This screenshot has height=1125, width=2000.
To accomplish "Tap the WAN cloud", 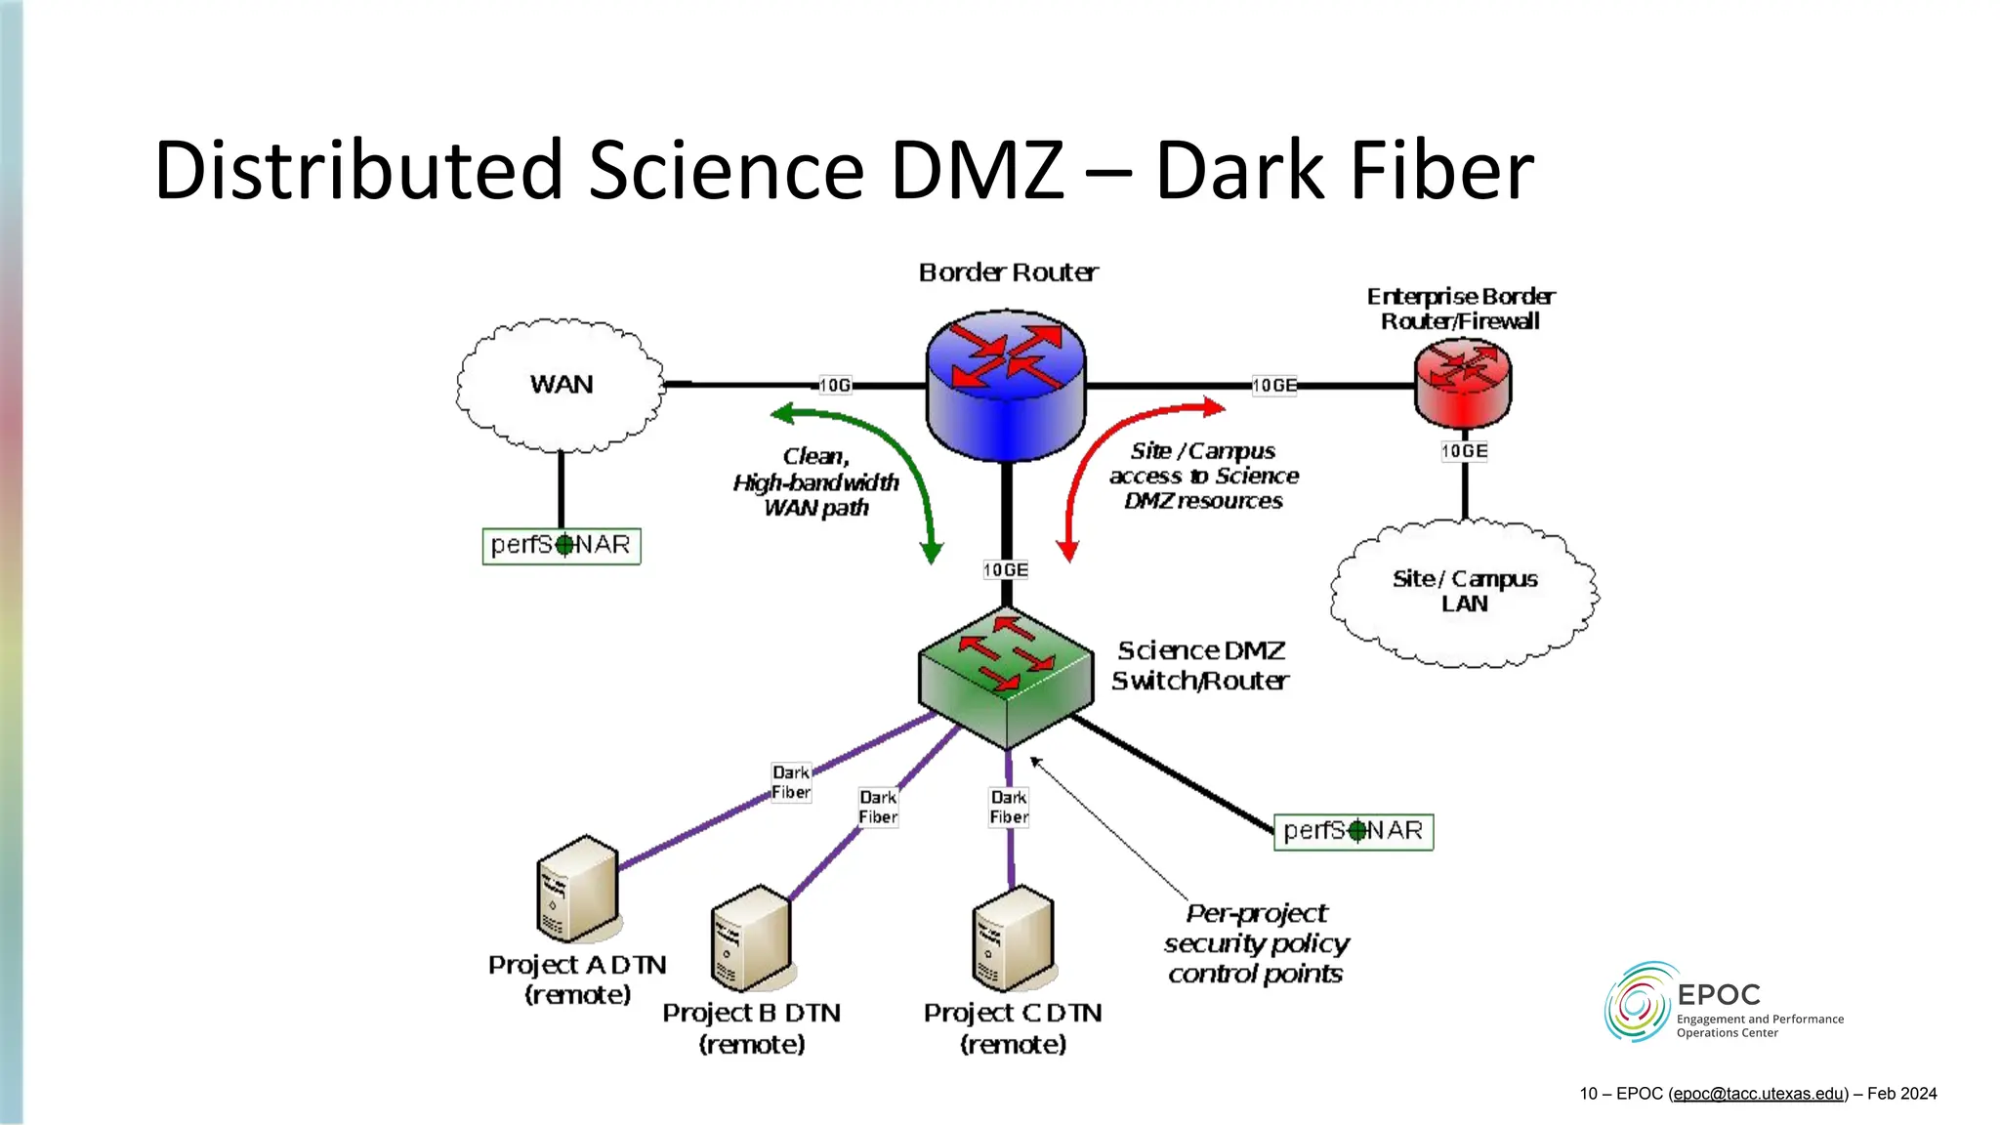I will pyautogui.click(x=561, y=385).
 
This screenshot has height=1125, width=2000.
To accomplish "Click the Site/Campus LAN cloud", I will pyautogui.click(x=1464, y=593).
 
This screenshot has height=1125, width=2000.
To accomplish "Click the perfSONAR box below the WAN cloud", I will pyautogui.click(x=562, y=546).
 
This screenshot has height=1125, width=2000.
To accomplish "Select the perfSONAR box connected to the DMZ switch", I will pyautogui.click(x=1353, y=832).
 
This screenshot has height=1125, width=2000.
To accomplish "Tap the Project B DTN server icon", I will pyautogui.click(x=750, y=937).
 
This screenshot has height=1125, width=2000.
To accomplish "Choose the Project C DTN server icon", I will pyautogui.click(x=1013, y=937).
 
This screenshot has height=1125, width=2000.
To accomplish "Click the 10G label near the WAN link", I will pyautogui.click(x=835, y=386).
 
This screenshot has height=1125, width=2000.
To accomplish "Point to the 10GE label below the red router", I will pyautogui.click(x=1464, y=451).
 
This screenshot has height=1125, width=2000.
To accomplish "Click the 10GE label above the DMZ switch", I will pyautogui.click(x=1005, y=570).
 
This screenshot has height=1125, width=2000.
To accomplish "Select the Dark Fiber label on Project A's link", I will pyautogui.click(x=791, y=782).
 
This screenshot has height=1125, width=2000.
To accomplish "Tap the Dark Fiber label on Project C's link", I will pyautogui.click(x=1009, y=808).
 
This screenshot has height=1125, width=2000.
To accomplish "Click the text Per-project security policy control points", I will pyautogui.click(x=1256, y=943).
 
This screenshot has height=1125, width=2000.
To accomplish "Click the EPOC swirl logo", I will pyautogui.click(x=1638, y=1002).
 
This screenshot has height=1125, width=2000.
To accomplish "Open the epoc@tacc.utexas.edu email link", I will pyautogui.click(x=1758, y=1094).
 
